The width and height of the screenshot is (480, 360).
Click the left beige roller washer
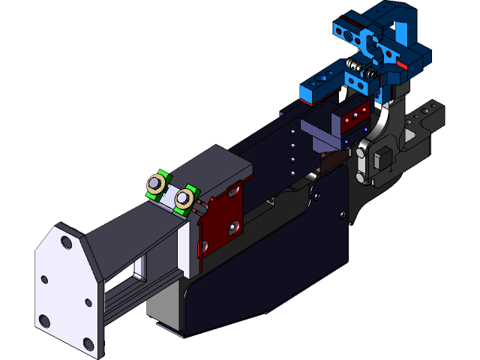click(x=157, y=183)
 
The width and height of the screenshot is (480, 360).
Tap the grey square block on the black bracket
click(x=382, y=159)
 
